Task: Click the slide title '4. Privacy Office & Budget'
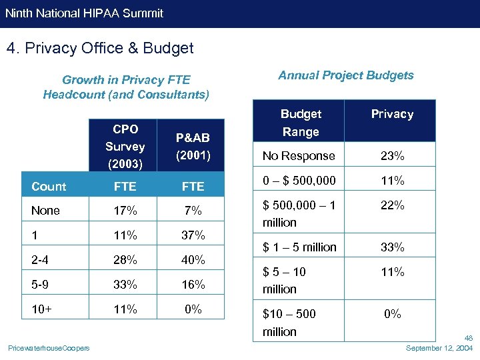click(99, 49)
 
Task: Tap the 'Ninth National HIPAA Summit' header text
click(84, 13)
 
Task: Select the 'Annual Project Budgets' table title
click(346, 75)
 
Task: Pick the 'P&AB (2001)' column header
click(193, 146)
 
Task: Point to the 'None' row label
click(45, 211)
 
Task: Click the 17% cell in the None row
click(125, 211)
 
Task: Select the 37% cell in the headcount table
click(193, 235)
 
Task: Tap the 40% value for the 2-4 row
click(193, 260)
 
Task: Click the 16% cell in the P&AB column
click(193, 285)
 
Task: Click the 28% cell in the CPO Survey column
click(125, 260)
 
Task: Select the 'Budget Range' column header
click(301, 123)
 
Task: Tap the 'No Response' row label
click(299, 156)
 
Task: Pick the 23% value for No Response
click(392, 156)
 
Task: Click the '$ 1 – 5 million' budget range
click(299, 247)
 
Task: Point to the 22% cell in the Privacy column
click(392, 206)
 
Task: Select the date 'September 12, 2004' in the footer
click(439, 349)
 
